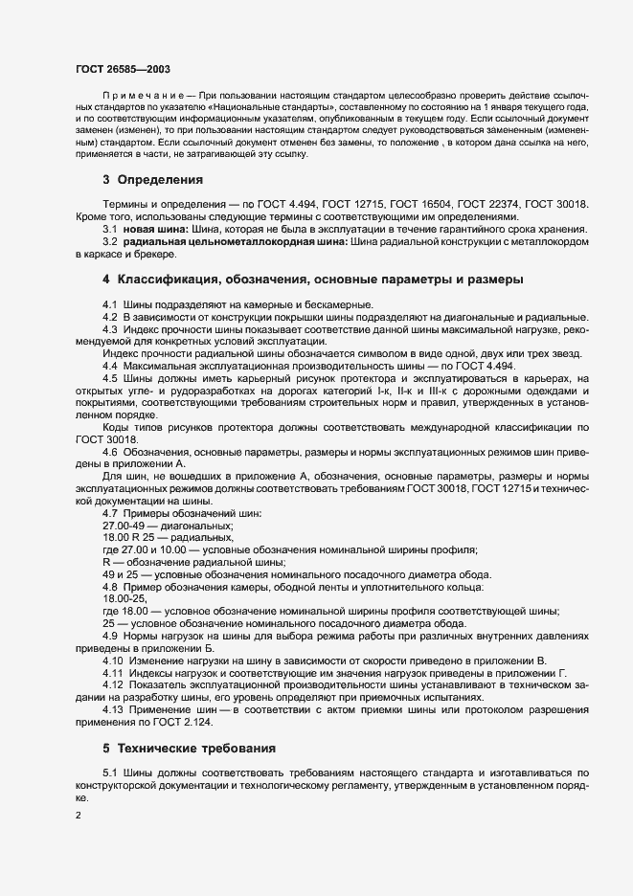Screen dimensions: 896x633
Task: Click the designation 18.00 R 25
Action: tap(130, 538)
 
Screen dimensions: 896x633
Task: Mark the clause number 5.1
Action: tap(111, 771)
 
